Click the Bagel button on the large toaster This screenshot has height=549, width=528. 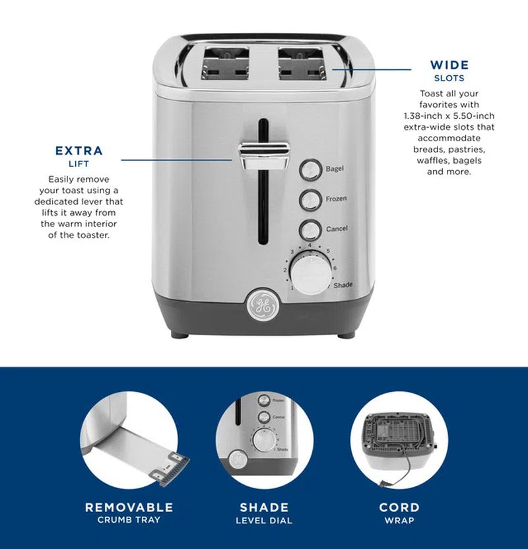[310, 169]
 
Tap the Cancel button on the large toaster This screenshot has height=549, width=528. [310, 230]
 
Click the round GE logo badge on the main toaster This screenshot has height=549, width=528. [259, 304]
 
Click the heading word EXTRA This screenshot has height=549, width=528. [79, 151]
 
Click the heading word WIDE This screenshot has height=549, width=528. [449, 65]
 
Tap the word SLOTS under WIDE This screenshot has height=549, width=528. [449, 79]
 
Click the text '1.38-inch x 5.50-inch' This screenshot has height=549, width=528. [449, 115]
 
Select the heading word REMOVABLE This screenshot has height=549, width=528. [129, 507]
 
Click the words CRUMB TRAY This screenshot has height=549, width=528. [129, 520]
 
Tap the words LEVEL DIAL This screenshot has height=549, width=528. [264, 521]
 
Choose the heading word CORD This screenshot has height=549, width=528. [399, 507]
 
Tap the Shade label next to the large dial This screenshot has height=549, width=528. [343, 285]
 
